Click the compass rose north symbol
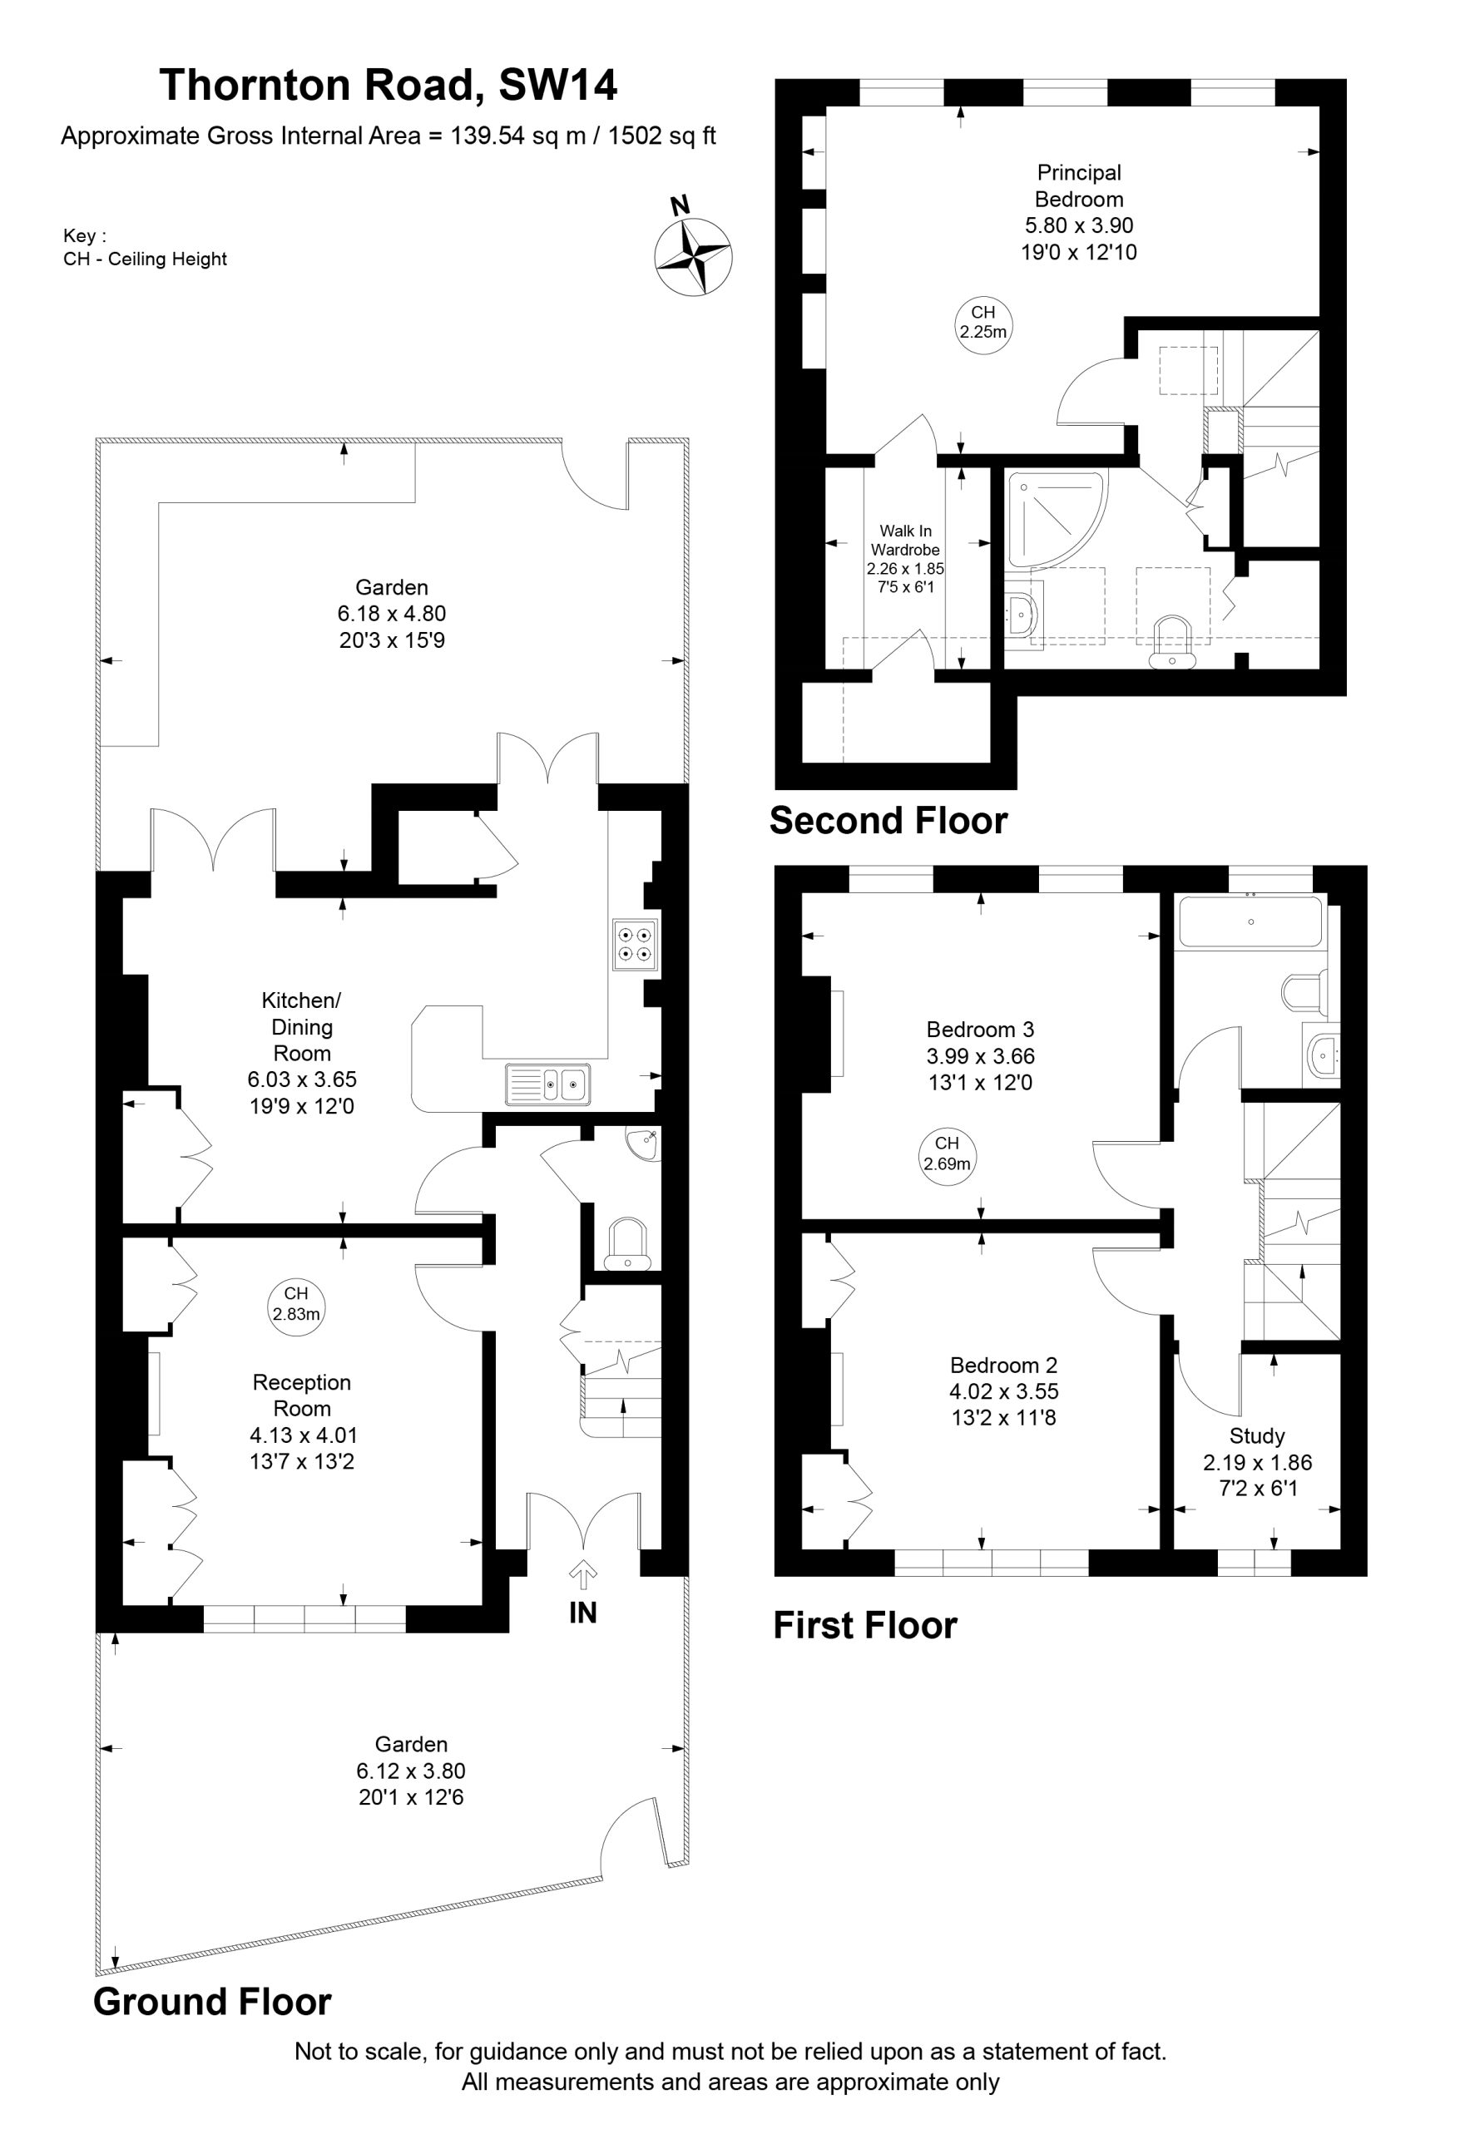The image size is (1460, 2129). point(693,256)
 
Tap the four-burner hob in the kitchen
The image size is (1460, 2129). point(635,945)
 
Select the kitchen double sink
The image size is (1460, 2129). point(548,1084)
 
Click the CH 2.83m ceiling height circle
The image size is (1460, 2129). point(296,1304)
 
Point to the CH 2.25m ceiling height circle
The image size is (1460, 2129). point(983,323)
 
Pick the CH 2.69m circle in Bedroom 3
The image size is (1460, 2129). point(947,1154)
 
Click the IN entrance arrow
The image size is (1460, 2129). point(583,1575)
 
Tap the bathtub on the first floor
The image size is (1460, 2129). point(1250,921)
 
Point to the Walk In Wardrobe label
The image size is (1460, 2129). point(904,541)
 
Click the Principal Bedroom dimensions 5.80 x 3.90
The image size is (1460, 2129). point(1079,225)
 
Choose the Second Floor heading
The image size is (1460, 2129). point(888,820)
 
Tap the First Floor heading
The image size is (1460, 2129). point(865,1625)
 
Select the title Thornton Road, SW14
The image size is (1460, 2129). point(389,85)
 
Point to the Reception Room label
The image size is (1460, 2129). point(301,1395)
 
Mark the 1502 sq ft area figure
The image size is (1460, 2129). point(661,136)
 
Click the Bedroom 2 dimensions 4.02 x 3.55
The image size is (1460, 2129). point(1003,1391)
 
